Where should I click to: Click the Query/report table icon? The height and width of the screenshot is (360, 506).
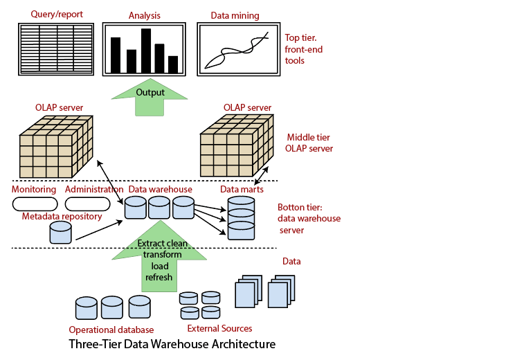53,48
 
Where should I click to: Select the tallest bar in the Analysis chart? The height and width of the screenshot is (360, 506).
146,51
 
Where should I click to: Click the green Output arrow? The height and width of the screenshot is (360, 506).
150,97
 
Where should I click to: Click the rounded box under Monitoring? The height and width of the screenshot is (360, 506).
34,204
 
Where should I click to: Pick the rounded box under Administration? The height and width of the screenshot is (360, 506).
87,204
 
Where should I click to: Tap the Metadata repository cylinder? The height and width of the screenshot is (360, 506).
60,232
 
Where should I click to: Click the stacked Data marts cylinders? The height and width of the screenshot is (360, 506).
242,216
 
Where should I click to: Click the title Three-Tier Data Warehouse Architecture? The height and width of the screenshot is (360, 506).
172,344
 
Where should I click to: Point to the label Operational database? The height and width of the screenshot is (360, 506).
111,330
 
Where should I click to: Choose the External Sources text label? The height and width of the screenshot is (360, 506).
219,328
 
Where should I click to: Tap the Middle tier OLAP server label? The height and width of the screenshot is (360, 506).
309,143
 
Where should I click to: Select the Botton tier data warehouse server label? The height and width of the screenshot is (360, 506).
309,218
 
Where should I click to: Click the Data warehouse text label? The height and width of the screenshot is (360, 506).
160,189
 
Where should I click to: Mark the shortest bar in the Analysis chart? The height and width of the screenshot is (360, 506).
173,64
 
